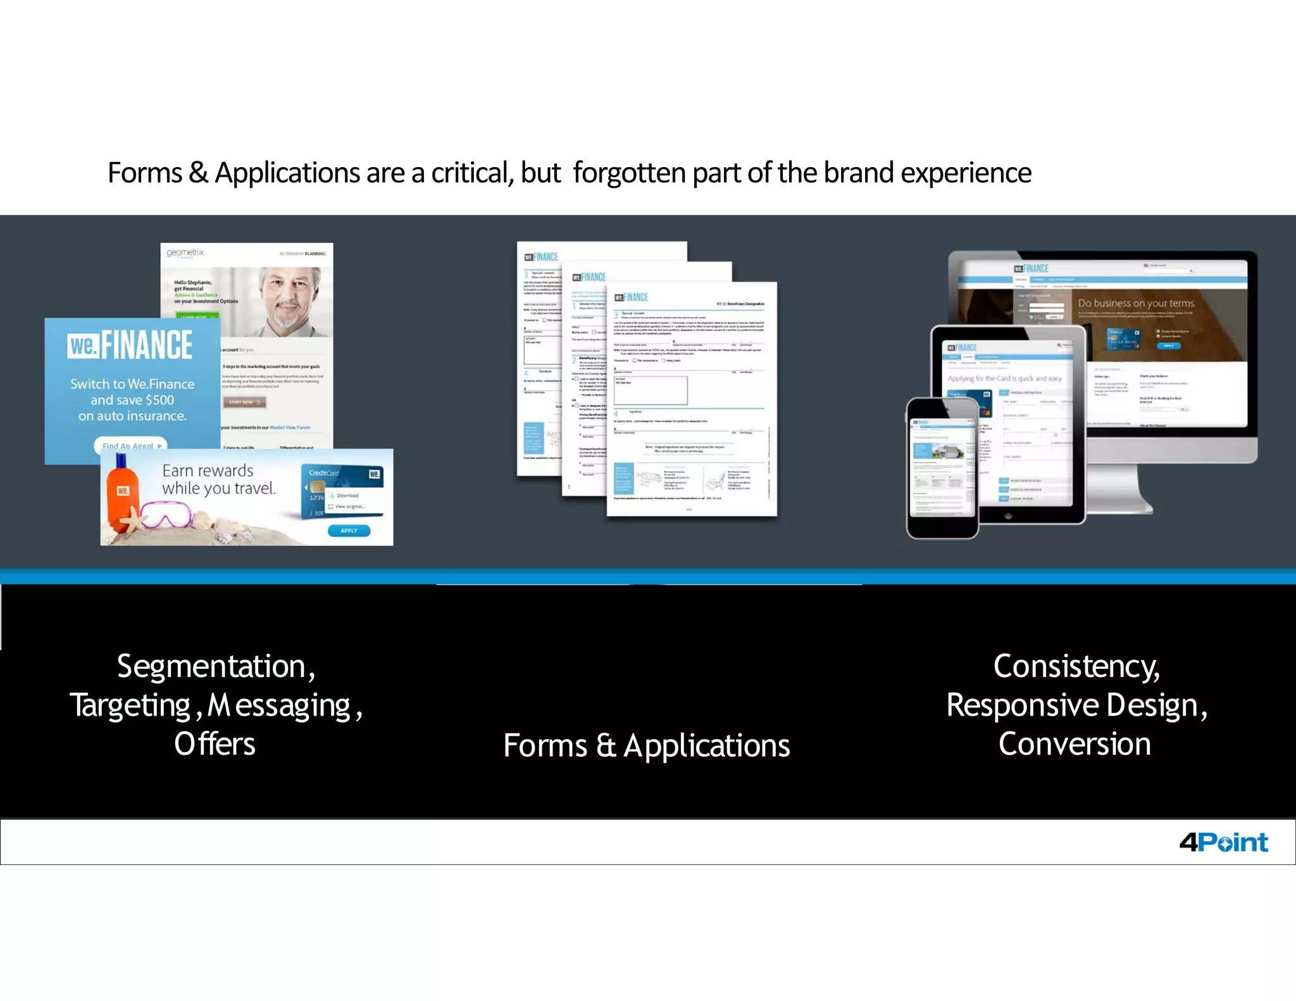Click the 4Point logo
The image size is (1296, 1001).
click(x=1223, y=842)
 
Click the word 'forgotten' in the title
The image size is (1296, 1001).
click(x=629, y=173)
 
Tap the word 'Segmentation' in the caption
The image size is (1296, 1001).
click(x=212, y=666)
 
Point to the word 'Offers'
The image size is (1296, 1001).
click(x=215, y=744)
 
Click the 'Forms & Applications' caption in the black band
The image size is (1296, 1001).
click(x=647, y=745)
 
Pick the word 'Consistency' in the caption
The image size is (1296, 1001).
click(x=1076, y=666)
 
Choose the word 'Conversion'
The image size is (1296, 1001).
click(x=1075, y=744)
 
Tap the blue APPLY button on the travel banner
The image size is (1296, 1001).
click(x=349, y=530)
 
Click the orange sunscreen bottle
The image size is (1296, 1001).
click(x=121, y=491)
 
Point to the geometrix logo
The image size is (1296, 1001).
click(x=185, y=253)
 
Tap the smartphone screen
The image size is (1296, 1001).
click(x=942, y=468)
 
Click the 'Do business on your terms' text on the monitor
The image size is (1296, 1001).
click(x=1136, y=303)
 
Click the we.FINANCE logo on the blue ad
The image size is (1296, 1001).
click(x=130, y=345)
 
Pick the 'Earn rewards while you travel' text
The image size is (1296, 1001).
click(x=218, y=480)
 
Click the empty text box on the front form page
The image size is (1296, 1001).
click(x=650, y=390)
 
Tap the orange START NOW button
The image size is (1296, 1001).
click(x=244, y=402)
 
